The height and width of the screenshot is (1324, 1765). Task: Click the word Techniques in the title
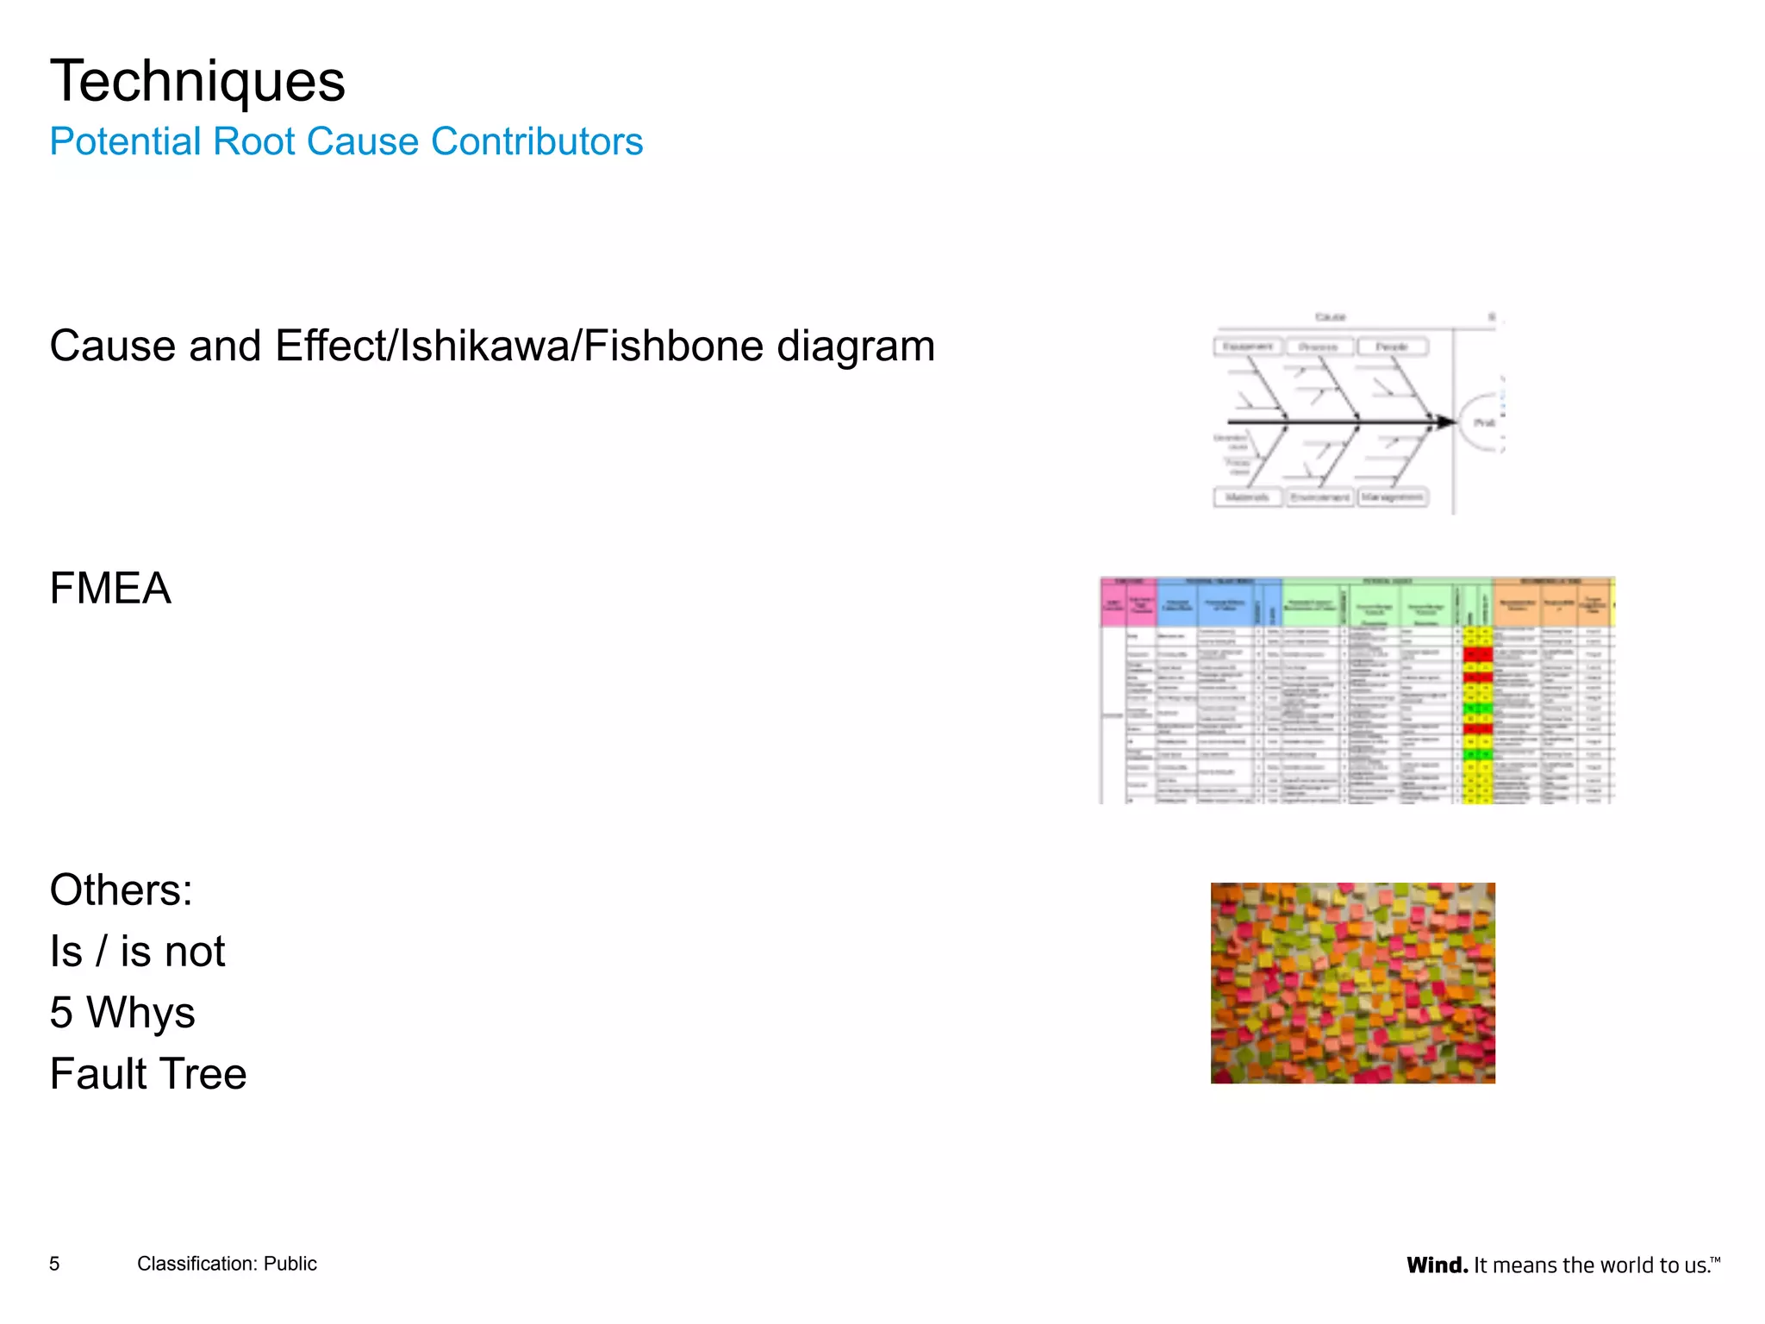coord(197,82)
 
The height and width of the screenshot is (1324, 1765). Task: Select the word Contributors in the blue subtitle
coord(537,142)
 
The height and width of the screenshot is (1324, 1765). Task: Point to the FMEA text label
coord(110,589)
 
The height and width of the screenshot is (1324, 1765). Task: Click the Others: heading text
coord(121,890)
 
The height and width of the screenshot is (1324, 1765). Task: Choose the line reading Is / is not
coord(137,952)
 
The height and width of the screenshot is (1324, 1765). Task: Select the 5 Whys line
coord(122,1013)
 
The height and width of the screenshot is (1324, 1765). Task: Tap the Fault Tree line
coord(148,1074)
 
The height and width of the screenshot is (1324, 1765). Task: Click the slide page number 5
coord(54,1264)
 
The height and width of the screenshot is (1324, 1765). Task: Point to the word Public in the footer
coord(290,1264)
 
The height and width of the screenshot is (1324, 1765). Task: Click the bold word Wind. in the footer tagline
coord(1437,1265)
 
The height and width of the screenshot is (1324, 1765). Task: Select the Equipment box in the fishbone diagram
coord(1248,347)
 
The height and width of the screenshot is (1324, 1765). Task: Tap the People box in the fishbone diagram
coord(1392,347)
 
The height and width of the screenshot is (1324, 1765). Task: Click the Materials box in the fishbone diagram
coord(1248,497)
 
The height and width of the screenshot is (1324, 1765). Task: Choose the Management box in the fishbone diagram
coord(1393,497)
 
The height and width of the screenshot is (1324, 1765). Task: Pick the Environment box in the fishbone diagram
coord(1320,497)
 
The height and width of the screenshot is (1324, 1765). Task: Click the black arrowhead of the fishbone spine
coord(1444,422)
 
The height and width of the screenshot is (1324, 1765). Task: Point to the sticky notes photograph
coord(1352,983)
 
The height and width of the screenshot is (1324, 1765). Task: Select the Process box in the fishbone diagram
coord(1319,347)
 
